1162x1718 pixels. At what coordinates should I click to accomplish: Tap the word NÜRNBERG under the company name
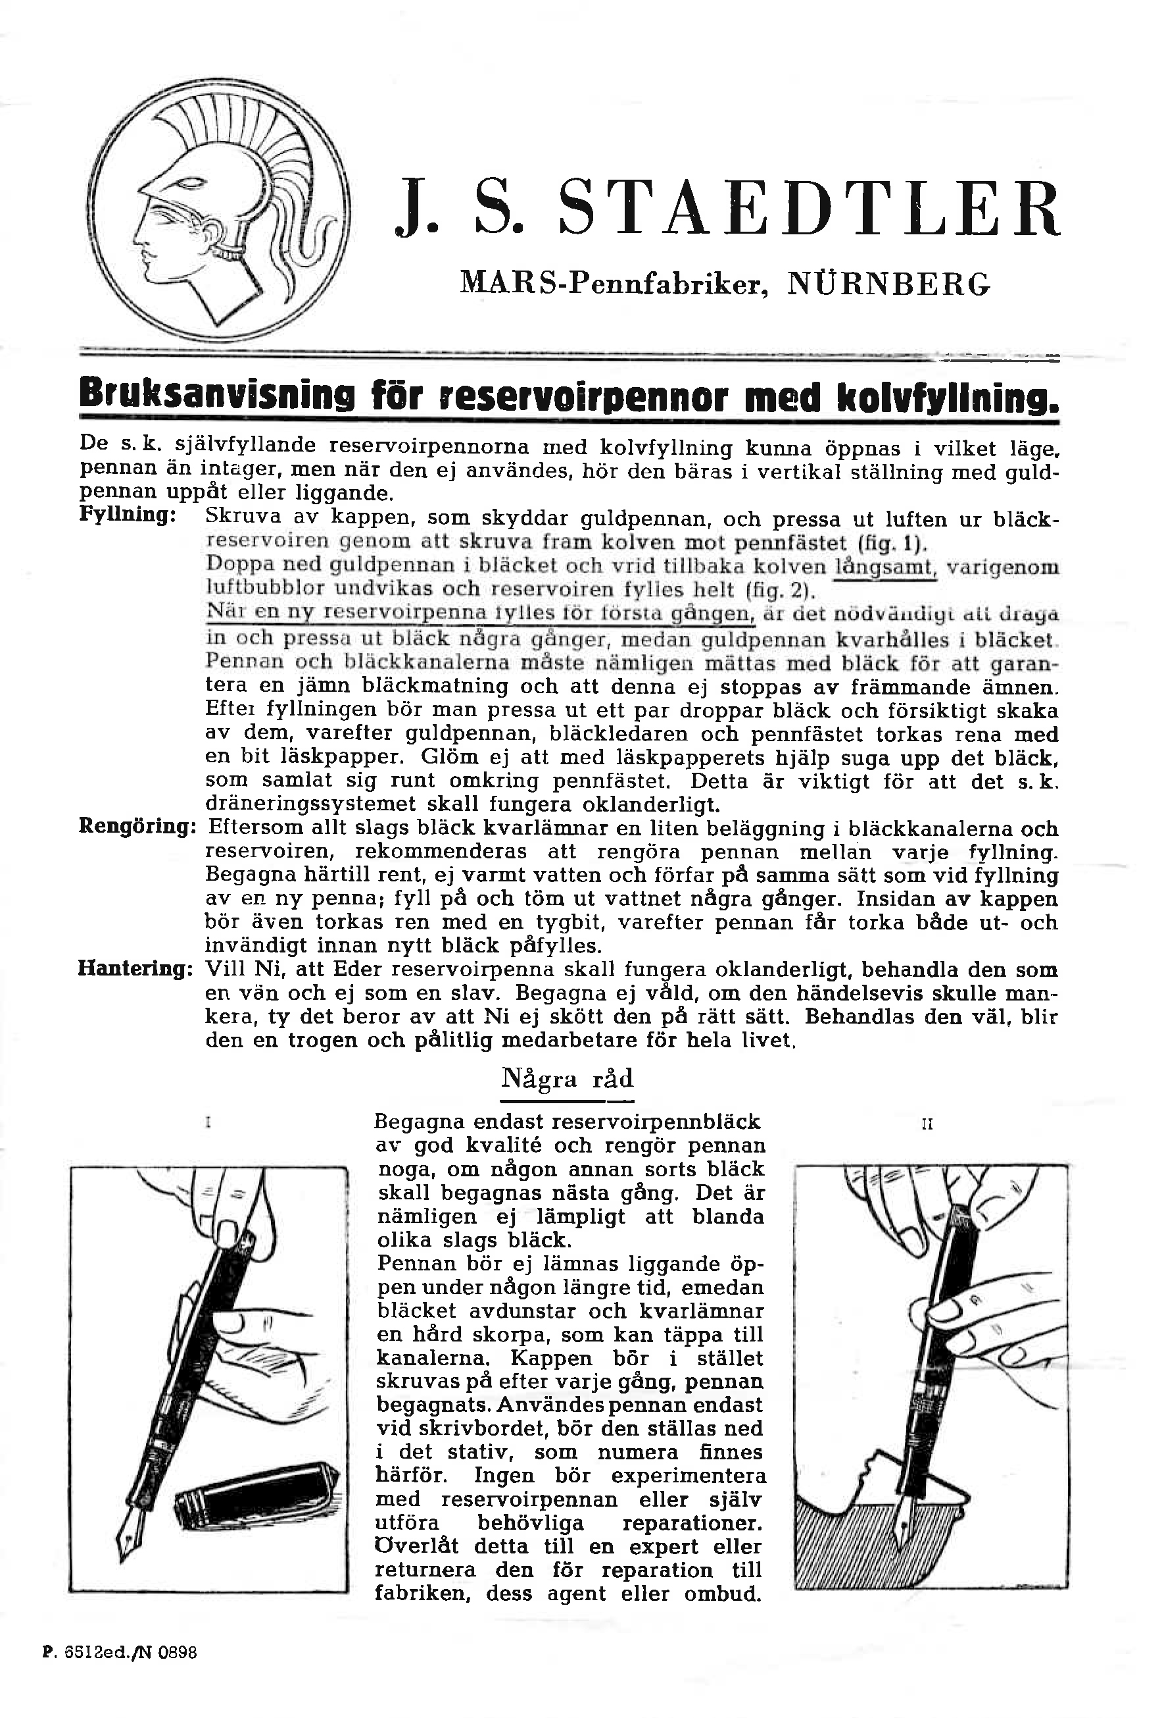(x=888, y=284)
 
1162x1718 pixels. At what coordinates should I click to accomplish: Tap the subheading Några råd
(x=567, y=1079)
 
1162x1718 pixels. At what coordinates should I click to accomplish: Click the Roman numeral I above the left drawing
(x=209, y=1123)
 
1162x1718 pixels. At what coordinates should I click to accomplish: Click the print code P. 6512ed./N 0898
(x=119, y=1652)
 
